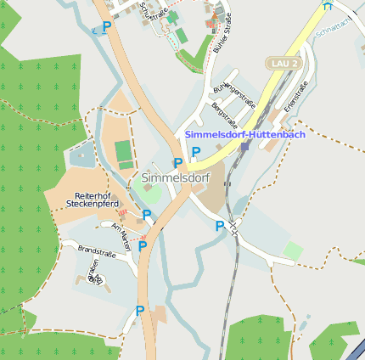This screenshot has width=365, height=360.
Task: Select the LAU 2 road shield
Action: (x=283, y=64)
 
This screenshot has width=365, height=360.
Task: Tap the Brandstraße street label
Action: (x=96, y=250)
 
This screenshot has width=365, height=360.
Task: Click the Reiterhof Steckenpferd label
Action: (x=89, y=200)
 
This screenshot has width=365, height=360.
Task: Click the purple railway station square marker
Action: (x=244, y=146)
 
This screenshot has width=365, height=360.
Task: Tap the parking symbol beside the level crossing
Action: (x=220, y=226)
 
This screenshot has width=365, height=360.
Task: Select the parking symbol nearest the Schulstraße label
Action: (x=107, y=27)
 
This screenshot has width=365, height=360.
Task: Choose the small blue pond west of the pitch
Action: (x=82, y=155)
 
